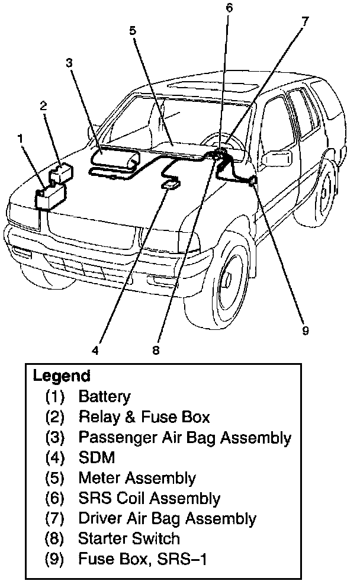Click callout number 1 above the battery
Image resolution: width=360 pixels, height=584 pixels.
tap(21, 138)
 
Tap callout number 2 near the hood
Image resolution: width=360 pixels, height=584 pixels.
tap(43, 106)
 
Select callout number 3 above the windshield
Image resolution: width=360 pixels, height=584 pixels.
tap(69, 62)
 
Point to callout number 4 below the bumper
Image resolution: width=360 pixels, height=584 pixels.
tap(95, 349)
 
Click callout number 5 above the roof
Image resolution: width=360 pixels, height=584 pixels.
tap(133, 30)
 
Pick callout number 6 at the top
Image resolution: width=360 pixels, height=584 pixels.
tap(229, 8)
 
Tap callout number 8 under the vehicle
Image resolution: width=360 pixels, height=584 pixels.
tap(156, 349)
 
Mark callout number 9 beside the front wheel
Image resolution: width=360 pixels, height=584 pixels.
tap(306, 330)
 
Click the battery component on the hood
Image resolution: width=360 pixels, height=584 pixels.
tap(50, 196)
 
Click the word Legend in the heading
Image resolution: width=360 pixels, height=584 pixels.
tap(62, 376)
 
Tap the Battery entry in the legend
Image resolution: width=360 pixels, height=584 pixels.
tap(104, 396)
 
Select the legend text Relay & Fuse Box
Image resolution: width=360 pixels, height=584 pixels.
tap(144, 417)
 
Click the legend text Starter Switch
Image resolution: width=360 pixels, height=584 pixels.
tap(128, 538)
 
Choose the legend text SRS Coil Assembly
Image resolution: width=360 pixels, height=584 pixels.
tap(149, 498)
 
